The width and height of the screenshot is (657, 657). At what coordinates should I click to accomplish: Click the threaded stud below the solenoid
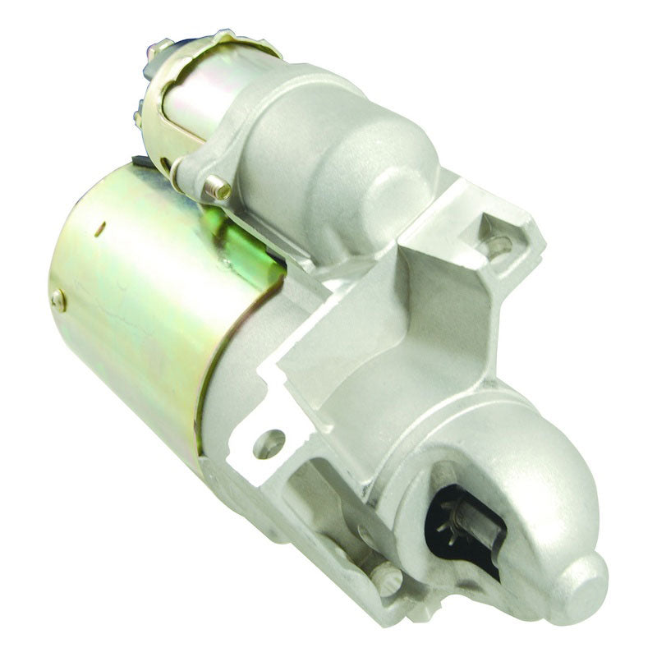point(218,187)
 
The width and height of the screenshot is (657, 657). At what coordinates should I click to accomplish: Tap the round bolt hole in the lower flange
point(269,444)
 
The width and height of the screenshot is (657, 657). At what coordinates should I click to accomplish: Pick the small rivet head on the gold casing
point(57,300)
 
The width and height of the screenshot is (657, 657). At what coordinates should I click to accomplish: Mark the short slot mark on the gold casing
point(97,229)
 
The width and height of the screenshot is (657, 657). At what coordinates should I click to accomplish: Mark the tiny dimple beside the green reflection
point(224,264)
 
